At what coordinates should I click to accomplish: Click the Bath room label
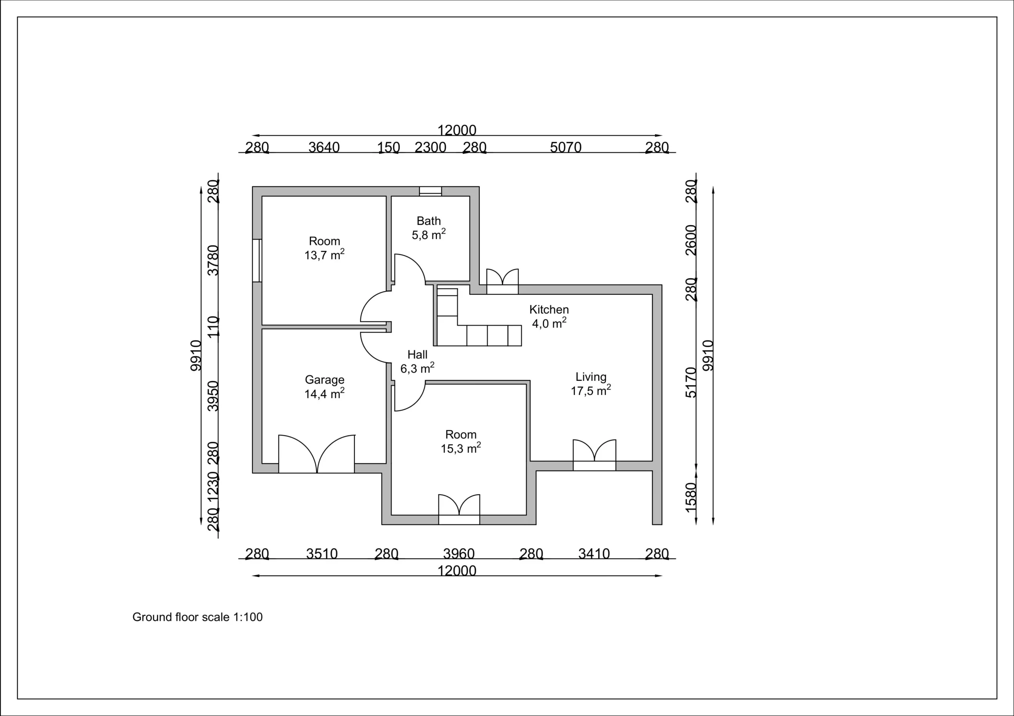[x=429, y=221]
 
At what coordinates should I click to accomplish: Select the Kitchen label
[x=549, y=310]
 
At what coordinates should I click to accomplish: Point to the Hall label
[x=417, y=355]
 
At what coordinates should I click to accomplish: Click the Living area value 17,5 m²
[x=591, y=390]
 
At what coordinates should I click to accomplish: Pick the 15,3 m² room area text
[x=461, y=448]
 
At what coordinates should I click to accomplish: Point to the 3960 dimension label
[x=459, y=554]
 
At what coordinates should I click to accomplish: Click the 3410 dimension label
[x=594, y=554]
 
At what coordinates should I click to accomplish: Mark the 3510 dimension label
[x=322, y=554]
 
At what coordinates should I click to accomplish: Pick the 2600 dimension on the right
[x=691, y=240]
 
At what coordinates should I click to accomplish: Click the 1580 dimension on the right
[x=691, y=498]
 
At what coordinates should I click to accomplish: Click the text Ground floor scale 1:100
[x=197, y=617]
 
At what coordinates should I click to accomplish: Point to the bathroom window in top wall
[x=430, y=191]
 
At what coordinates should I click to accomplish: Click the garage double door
[x=316, y=454]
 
